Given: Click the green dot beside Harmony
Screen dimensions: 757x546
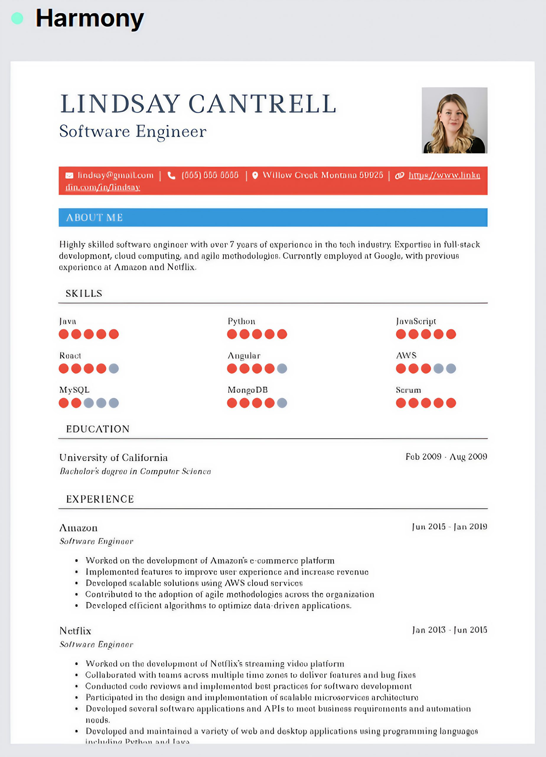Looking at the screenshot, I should pos(17,18).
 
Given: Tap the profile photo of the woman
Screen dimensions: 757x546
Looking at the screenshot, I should pos(454,120).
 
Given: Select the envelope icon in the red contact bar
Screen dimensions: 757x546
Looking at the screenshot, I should pos(69,176).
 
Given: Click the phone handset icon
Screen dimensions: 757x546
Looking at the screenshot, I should pos(171,176).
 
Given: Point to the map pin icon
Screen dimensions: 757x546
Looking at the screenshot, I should pos(255,176).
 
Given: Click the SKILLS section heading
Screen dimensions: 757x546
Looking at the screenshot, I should pos(84,293).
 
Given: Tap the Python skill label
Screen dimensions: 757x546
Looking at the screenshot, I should pos(241,321).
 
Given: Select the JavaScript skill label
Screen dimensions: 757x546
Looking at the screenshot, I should pos(416,321).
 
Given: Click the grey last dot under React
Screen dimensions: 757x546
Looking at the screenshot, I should pos(114,368).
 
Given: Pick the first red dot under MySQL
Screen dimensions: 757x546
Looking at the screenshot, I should pos(64,403).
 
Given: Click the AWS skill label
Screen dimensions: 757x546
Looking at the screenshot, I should pos(406,355).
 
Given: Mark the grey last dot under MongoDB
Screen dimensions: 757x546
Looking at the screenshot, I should pos(282,403).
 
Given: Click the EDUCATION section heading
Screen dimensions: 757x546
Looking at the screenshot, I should pos(98,429).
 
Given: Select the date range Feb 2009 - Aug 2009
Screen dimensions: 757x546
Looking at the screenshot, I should pos(446,457).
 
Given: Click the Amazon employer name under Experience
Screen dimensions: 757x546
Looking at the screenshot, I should pos(78,528).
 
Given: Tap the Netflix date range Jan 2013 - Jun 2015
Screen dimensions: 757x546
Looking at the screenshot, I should pos(449,630).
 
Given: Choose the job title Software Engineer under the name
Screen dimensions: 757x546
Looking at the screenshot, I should pos(133,131).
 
